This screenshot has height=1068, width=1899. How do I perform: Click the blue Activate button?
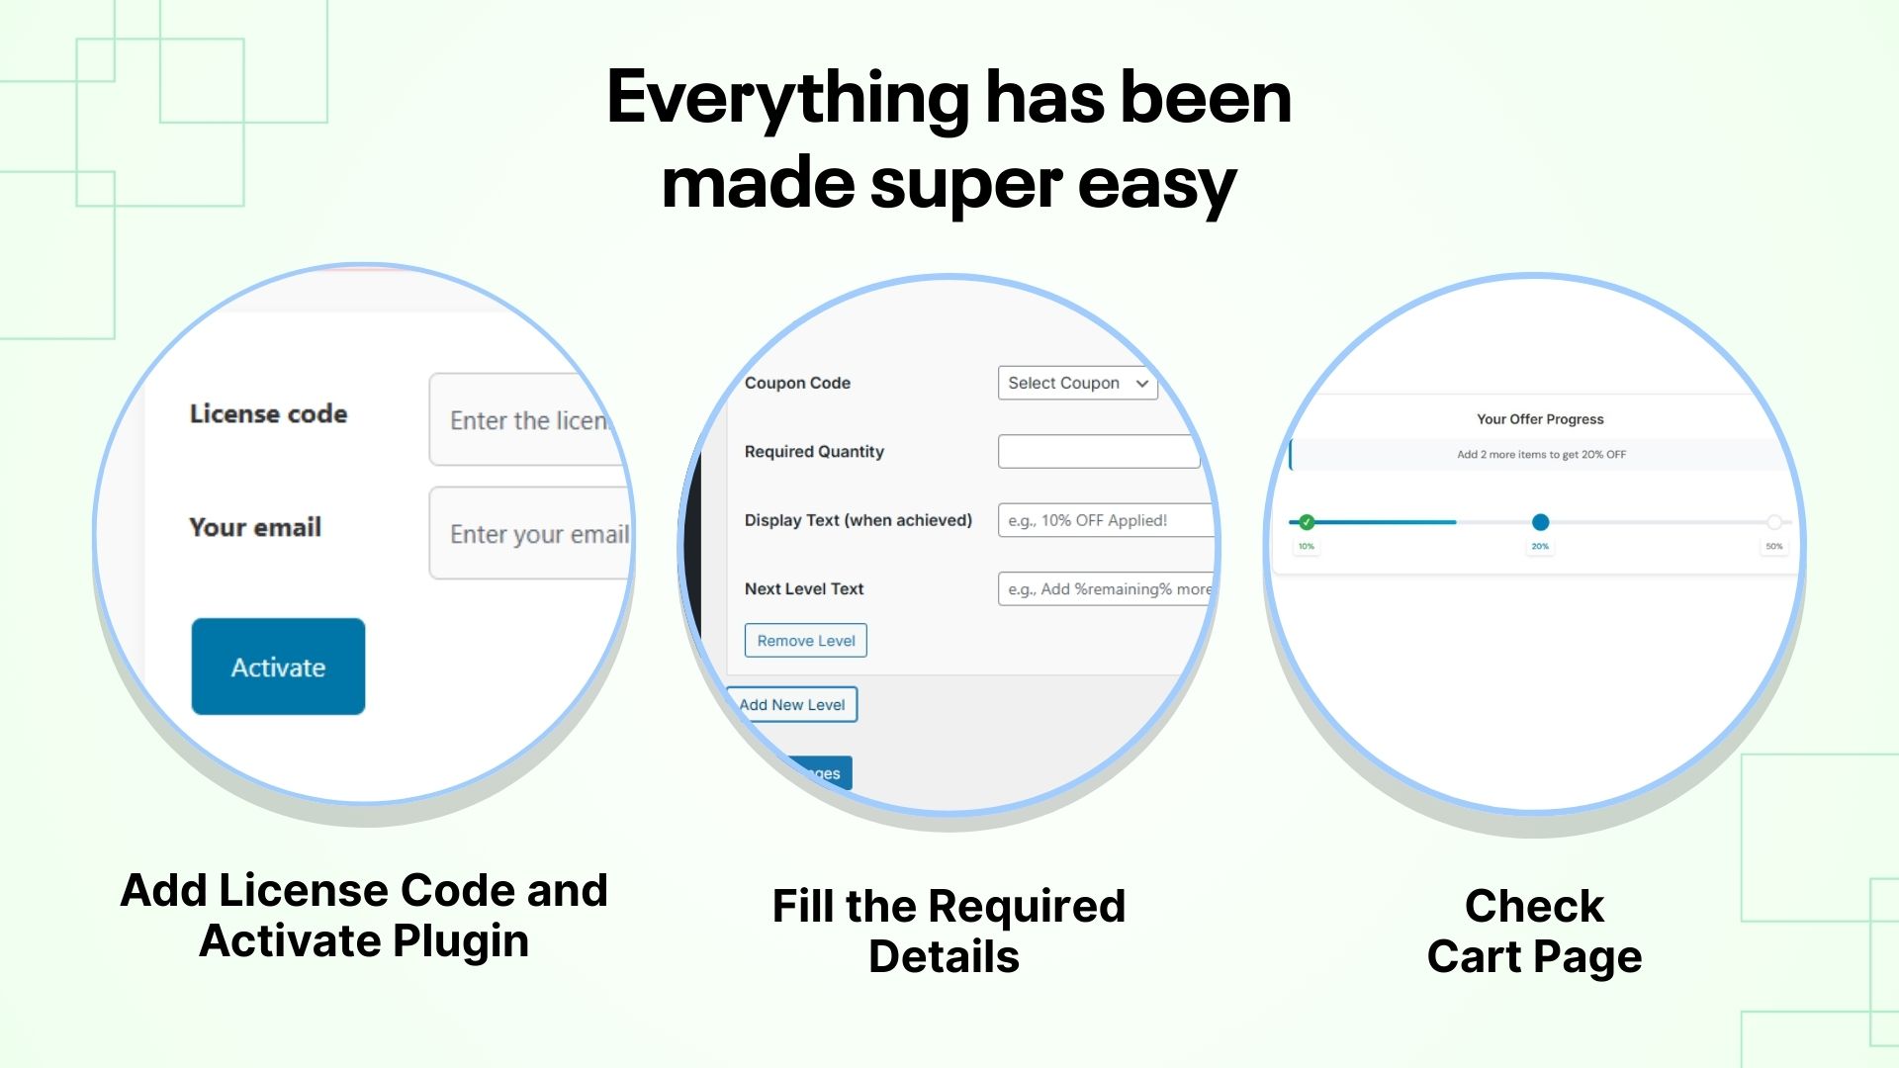[x=278, y=667]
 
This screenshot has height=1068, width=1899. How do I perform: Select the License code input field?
[x=524, y=419]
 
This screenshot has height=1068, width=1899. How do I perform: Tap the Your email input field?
[x=530, y=533]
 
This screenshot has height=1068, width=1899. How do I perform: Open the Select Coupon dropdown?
[x=1077, y=383]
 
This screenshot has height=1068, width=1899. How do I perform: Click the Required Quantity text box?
[x=1098, y=451]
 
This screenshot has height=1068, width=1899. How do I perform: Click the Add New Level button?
[x=793, y=704]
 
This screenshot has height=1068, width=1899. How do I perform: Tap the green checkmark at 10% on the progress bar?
[x=1307, y=522]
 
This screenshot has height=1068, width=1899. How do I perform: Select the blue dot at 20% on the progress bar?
[x=1540, y=522]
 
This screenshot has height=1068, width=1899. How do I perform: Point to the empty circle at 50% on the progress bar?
[x=1774, y=522]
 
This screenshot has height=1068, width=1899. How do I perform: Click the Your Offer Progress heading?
[x=1540, y=419]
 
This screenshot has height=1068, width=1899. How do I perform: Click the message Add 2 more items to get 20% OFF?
[x=1540, y=455]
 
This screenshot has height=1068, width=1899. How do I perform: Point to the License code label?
[x=268, y=413]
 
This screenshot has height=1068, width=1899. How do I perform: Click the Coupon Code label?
[x=797, y=383]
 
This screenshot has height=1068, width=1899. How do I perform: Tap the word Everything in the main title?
[x=787, y=99]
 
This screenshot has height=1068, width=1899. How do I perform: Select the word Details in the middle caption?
[x=944, y=956]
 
